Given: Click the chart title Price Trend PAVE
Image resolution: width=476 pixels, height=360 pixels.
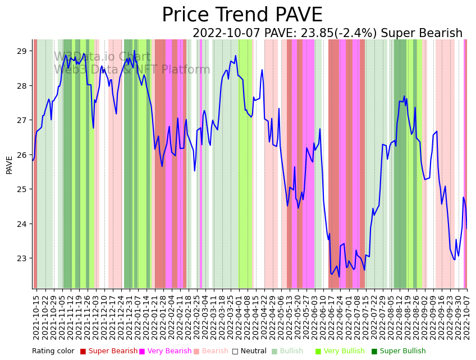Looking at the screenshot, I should [242, 15].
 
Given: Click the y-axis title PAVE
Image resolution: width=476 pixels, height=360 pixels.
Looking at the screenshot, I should [10, 165].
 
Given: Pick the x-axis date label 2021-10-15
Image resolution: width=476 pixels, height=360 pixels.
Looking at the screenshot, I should [36, 317].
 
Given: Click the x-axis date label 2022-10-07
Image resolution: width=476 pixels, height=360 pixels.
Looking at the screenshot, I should [466, 317].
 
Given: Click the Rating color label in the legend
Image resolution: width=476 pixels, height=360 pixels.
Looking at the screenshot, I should [53, 352].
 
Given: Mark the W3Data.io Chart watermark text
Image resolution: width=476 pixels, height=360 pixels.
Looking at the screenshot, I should [102, 57].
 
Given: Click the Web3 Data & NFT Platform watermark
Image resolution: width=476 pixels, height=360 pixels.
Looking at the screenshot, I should [132, 70].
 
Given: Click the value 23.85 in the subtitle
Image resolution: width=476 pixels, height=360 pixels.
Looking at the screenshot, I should [322, 34].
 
